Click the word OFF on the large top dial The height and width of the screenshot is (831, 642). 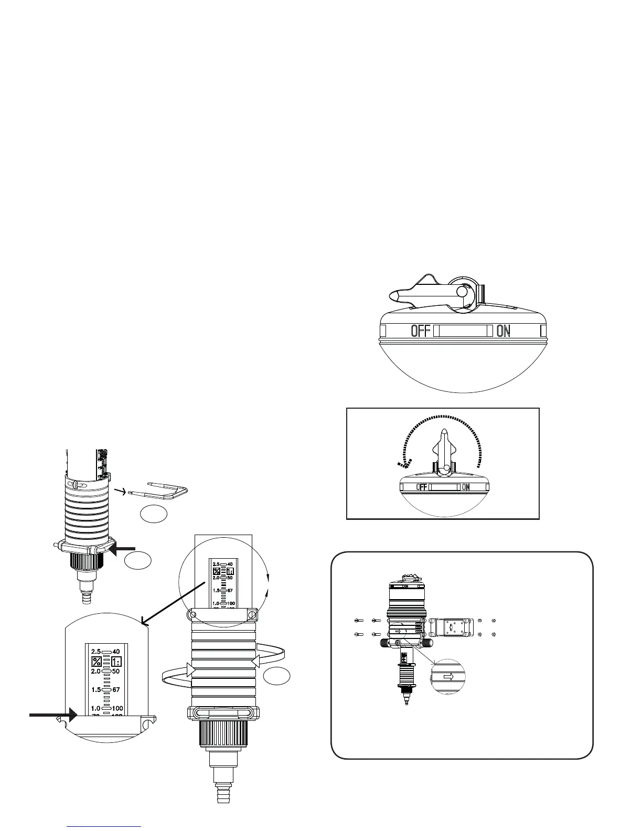420,331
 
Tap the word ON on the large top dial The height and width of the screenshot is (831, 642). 503,331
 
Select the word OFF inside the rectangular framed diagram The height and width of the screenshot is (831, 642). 422,487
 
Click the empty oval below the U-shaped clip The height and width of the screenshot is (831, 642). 154,515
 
